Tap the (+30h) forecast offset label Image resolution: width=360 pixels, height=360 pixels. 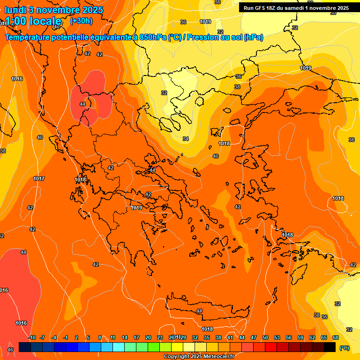pyautogui.click(x=81, y=21)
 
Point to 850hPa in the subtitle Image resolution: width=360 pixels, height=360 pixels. pyautogui.click(x=153, y=37)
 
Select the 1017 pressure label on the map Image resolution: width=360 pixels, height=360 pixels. pyautogui.click(x=39, y=179)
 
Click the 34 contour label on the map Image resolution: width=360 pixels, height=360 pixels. pyautogui.click(x=186, y=139)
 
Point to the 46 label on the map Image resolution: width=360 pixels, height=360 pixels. pyautogui.click(x=10, y=350)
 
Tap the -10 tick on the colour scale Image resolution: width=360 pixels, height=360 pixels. pyautogui.click(x=32, y=337)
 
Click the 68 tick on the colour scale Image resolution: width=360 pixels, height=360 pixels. pyautogui.click(x=336, y=337)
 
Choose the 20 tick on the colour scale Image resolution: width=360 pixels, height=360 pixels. pyautogui.click(x=148, y=337)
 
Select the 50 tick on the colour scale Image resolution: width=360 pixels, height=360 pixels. pyautogui.click(x=265, y=337)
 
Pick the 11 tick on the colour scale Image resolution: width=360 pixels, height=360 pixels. pyautogui.click(x=113, y=337)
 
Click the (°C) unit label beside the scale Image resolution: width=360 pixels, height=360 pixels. pyautogui.click(x=344, y=348)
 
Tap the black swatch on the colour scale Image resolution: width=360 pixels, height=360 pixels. pyautogui.click(x=330, y=347)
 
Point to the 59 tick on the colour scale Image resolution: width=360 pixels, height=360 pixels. pyautogui.click(x=300, y=337)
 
